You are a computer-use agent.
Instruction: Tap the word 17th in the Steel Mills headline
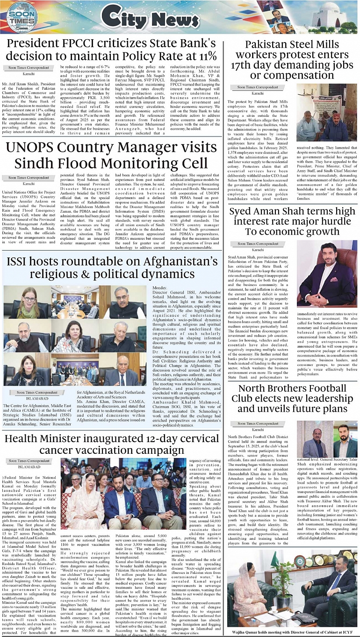(245, 65)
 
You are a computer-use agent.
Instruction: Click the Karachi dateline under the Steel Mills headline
(258, 93)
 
